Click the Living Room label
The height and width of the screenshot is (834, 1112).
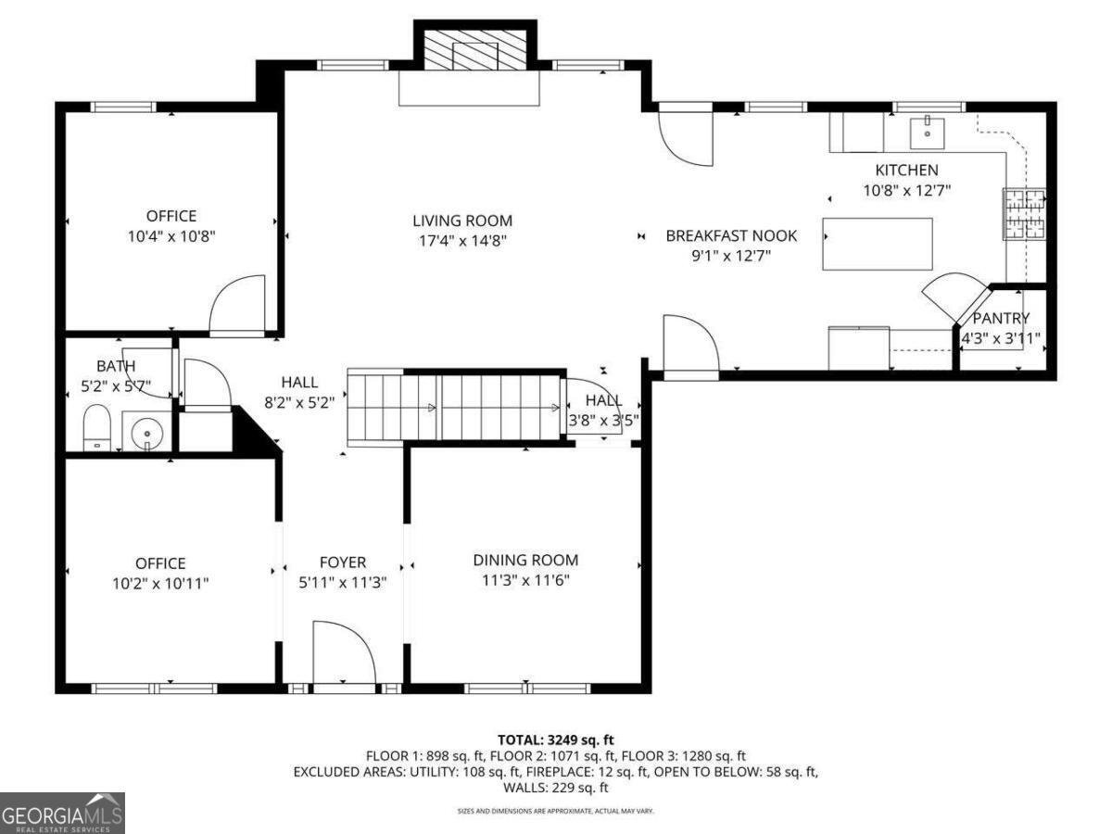click(462, 221)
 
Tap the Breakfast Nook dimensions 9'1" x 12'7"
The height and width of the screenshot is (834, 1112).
click(731, 256)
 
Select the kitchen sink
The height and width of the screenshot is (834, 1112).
click(927, 133)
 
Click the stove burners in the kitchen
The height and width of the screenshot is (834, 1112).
click(1024, 214)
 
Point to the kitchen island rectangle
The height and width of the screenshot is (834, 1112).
click(878, 244)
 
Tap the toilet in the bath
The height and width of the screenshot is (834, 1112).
click(96, 427)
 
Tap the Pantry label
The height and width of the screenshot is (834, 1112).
click(1001, 319)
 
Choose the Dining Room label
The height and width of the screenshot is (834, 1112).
click(525, 560)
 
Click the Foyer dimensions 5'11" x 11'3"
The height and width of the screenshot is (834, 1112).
click(343, 583)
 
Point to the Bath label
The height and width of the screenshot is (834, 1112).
click(116, 366)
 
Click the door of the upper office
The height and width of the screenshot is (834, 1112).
click(237, 306)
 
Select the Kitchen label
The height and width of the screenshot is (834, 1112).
click(907, 170)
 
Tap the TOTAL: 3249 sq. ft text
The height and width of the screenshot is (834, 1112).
click(556, 739)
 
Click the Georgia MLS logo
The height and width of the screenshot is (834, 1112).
click(62, 814)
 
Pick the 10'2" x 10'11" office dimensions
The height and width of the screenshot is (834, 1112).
click(160, 584)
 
